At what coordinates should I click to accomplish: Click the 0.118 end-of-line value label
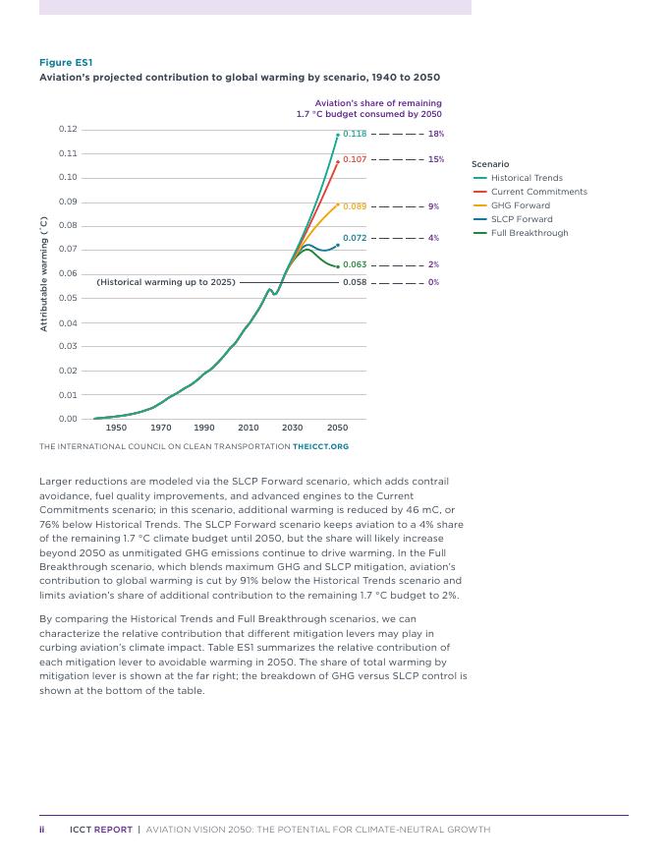(354, 134)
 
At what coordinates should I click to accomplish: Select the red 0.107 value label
(354, 159)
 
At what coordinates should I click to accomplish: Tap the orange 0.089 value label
(354, 206)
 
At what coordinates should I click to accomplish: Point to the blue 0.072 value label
(354, 238)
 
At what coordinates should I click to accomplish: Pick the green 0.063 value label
(354, 264)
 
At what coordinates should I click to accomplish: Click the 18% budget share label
(435, 134)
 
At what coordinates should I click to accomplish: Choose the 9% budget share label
(433, 206)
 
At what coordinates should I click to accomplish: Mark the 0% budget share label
(433, 282)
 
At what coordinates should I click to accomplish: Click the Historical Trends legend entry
(527, 178)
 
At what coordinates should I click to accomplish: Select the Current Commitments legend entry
(538, 192)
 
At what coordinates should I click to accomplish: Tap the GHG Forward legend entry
(520, 205)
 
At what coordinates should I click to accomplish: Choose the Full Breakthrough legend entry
(529, 233)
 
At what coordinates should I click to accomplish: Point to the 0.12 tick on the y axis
(67, 130)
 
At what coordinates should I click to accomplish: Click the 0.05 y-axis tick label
(67, 298)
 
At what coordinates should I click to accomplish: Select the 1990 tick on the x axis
(204, 428)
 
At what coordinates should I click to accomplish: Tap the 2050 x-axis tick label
(337, 428)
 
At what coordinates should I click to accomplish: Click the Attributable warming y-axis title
(43, 274)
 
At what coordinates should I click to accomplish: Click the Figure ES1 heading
(66, 63)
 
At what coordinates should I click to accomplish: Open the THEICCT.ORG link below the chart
(320, 446)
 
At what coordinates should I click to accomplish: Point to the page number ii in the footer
(42, 830)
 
